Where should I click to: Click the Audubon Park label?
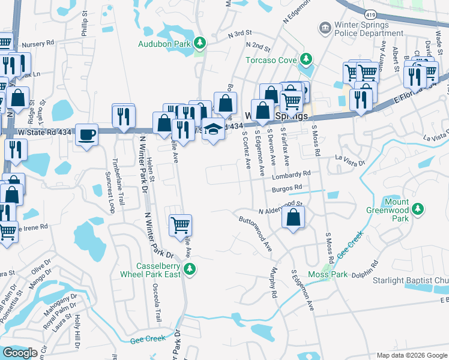(163, 44)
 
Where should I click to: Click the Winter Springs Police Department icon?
(325, 28)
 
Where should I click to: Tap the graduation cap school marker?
(213, 130)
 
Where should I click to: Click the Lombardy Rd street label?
(291, 174)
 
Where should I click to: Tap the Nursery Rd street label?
(38, 44)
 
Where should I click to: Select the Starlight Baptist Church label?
(419, 281)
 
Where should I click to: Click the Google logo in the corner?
(20, 353)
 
